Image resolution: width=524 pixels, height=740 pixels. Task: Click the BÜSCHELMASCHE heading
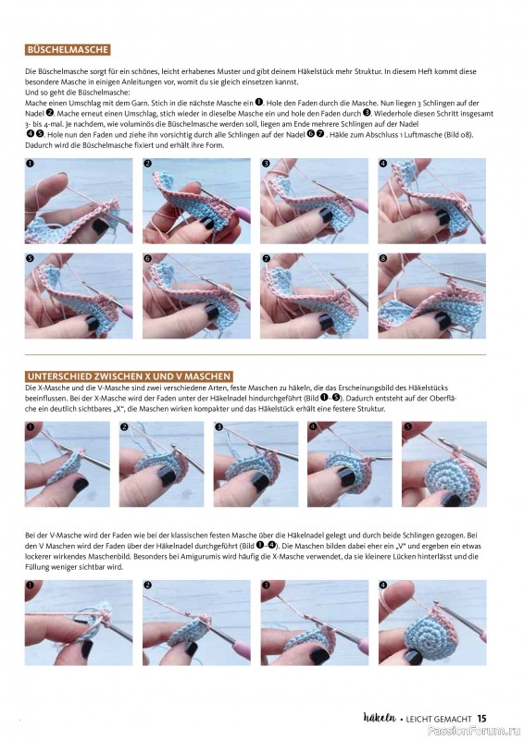pos(68,50)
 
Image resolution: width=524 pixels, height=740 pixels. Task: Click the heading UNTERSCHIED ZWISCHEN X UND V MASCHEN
pos(129,376)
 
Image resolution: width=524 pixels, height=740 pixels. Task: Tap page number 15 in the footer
pos(481,719)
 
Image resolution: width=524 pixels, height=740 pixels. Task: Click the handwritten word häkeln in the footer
pos(380,718)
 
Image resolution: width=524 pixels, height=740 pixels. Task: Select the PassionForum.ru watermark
pos(474,731)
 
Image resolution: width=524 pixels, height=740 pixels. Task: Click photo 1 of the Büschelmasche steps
pos(79,201)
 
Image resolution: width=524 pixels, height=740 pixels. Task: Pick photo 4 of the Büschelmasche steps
pos(431,201)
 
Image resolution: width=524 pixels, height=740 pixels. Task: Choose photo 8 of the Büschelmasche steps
pos(431,296)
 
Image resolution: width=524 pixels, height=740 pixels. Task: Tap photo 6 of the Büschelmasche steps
pos(196,296)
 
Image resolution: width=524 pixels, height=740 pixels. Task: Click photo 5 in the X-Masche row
pos(444,464)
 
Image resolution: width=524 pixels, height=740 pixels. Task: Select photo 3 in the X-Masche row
pos(256,464)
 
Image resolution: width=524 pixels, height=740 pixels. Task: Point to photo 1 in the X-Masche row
pos(67,464)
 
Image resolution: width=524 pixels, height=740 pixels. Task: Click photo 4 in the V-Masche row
pos(432,623)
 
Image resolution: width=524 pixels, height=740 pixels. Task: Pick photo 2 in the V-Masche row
pos(196,623)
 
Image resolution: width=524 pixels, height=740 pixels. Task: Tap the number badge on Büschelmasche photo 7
pos(266,259)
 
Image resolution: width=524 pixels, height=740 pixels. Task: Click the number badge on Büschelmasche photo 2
pos(148,164)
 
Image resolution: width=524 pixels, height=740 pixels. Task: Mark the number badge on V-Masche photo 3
pos(266,586)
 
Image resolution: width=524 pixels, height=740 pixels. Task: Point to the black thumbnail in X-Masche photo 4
pos(347,477)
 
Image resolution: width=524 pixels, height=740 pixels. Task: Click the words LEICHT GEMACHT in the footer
pos(439,719)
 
